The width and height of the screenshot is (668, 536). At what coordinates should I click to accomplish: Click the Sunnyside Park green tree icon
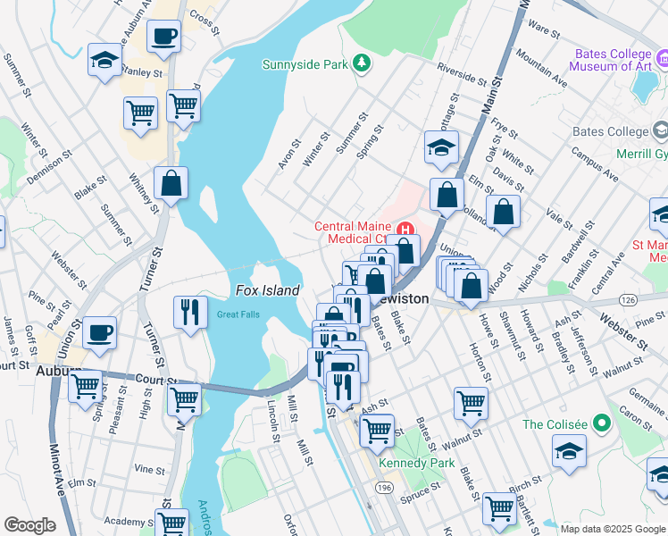(x=362, y=63)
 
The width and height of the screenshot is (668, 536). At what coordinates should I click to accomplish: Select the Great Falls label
(x=235, y=314)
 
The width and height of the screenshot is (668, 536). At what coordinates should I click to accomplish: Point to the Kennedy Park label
(x=416, y=463)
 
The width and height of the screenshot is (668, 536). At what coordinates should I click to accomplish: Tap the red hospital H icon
(x=406, y=229)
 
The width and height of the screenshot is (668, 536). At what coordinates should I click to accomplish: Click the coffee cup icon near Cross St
(x=163, y=38)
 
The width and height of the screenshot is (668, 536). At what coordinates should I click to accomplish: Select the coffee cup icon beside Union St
(x=99, y=333)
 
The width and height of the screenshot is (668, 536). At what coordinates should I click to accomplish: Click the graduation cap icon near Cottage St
(x=440, y=147)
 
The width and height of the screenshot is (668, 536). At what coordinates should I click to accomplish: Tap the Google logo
(x=29, y=525)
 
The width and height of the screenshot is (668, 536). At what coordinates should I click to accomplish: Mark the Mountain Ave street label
(x=542, y=71)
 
